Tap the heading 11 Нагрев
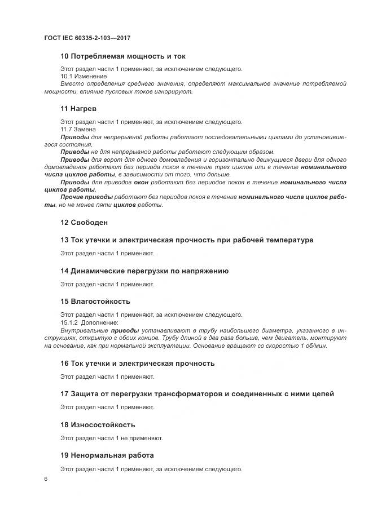click(x=78, y=108)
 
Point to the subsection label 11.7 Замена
click(x=78, y=129)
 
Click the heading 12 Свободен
click(x=84, y=222)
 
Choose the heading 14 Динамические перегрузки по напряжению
click(x=144, y=271)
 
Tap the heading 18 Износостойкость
click(x=98, y=424)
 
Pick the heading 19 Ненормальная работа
click(x=107, y=455)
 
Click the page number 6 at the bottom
click(x=46, y=479)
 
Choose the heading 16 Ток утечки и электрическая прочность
click(x=137, y=363)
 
